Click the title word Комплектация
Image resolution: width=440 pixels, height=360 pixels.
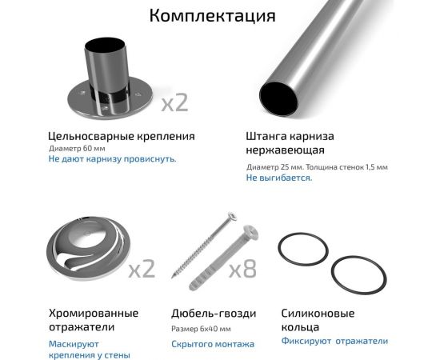[x=212, y=16]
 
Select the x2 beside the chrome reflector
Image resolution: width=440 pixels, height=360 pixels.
[x=142, y=269]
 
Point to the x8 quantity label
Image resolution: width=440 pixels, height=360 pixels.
[x=242, y=269]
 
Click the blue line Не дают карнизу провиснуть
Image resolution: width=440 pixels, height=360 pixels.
[x=112, y=159]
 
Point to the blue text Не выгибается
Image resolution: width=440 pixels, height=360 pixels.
[x=279, y=178]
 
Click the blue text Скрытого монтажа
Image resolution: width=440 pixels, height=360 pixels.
[x=213, y=344]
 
